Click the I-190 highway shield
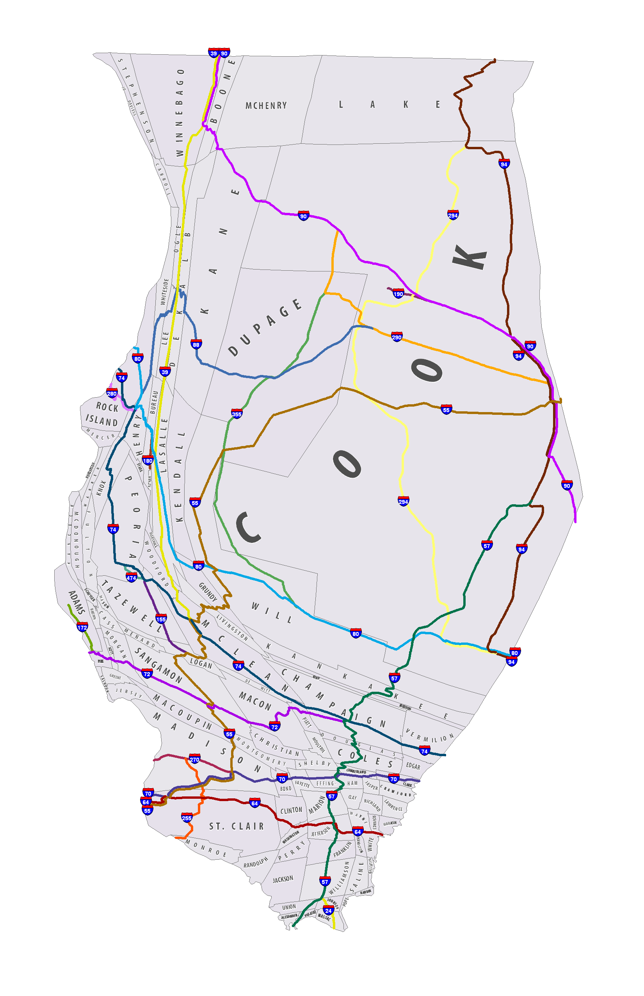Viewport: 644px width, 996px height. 398,293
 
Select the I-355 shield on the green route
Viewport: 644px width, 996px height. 237,414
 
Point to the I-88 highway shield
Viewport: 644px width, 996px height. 196,344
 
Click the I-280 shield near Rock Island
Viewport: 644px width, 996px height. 112,393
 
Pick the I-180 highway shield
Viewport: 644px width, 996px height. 148,461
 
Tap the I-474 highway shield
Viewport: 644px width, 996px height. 131,578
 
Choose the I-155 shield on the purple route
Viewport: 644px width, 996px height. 161,619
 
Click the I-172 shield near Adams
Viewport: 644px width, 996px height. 82,627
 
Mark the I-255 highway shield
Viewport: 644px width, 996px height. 187,818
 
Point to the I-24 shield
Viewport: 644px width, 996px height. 328,910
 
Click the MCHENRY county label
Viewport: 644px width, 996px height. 266,105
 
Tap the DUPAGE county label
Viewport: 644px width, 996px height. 265,327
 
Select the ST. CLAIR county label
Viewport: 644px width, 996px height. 237,826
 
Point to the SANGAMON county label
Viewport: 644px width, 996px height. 158,665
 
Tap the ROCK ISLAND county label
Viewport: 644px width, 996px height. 102,414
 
